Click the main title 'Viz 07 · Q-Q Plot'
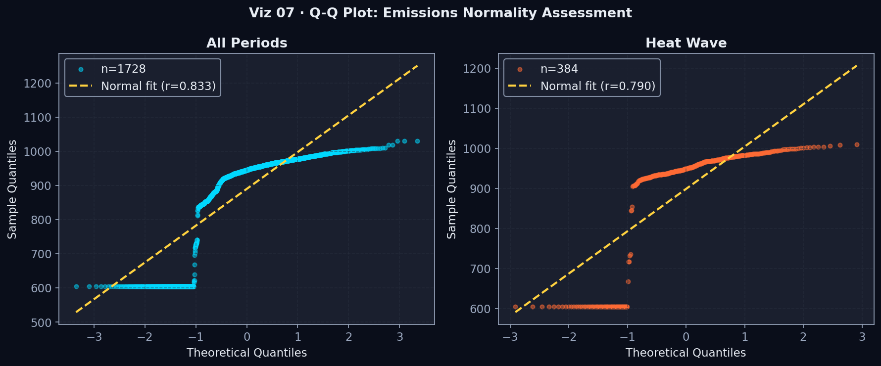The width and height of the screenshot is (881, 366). coord(440,13)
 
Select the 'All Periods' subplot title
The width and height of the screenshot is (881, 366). coord(246,43)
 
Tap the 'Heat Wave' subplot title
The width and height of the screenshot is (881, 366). coord(685,43)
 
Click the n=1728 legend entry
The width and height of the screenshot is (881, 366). coord(123,69)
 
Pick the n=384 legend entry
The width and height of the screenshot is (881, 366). coord(559,69)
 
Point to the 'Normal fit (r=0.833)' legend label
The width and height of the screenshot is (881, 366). coord(158,86)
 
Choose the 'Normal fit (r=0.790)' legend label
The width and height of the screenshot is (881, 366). coord(597,86)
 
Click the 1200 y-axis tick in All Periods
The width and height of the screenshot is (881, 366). coord(38,84)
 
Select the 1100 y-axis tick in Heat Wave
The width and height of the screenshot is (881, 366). coord(477,109)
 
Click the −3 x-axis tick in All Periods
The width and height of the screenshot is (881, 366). coord(94,337)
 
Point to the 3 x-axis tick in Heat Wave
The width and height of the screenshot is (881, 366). coord(862,337)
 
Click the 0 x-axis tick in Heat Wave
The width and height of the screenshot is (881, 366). coord(686,337)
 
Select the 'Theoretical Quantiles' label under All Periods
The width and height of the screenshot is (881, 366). coord(246,353)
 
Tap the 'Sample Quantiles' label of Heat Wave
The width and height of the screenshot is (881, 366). coord(451,189)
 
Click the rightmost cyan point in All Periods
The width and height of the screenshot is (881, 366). coord(417,141)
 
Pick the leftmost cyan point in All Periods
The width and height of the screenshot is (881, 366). coord(76,286)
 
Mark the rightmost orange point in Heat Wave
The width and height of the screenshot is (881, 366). coord(857,145)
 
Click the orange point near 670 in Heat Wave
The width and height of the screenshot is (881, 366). coord(628,282)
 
